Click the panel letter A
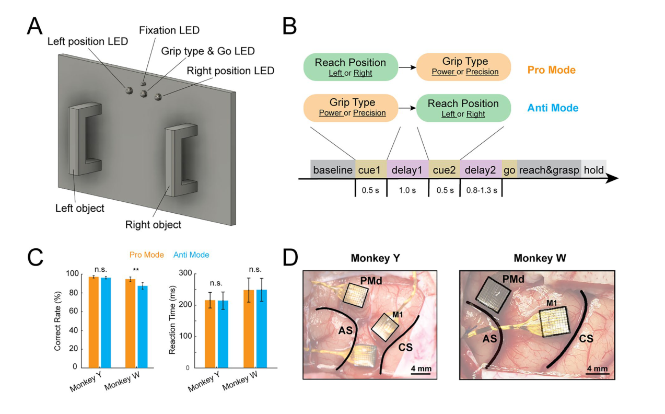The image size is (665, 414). tap(34, 26)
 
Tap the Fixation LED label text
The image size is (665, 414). tap(169, 30)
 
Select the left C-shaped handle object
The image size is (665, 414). tap(85, 139)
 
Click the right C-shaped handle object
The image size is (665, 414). tap(181, 160)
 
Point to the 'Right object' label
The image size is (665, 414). tap(153, 225)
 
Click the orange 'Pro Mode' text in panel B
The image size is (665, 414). tap(551, 70)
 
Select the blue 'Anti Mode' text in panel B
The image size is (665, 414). tap(553, 108)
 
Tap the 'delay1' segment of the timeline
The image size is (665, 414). tap(407, 169)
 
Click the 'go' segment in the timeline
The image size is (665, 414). tap(509, 169)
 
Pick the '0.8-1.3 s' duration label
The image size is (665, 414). tap(482, 190)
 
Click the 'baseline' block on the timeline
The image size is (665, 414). tap(333, 169)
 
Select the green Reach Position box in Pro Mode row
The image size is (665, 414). tap(351, 67)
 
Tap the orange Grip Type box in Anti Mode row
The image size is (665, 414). tap(351, 108)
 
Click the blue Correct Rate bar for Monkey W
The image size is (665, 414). tap(143, 327)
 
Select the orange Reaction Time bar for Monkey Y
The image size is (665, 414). tap(210, 334)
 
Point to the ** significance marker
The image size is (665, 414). tap(136, 270)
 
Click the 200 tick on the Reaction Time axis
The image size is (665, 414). tap(188, 305)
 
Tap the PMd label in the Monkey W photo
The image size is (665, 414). tap(514, 279)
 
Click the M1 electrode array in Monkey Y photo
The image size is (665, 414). tap(385, 327)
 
